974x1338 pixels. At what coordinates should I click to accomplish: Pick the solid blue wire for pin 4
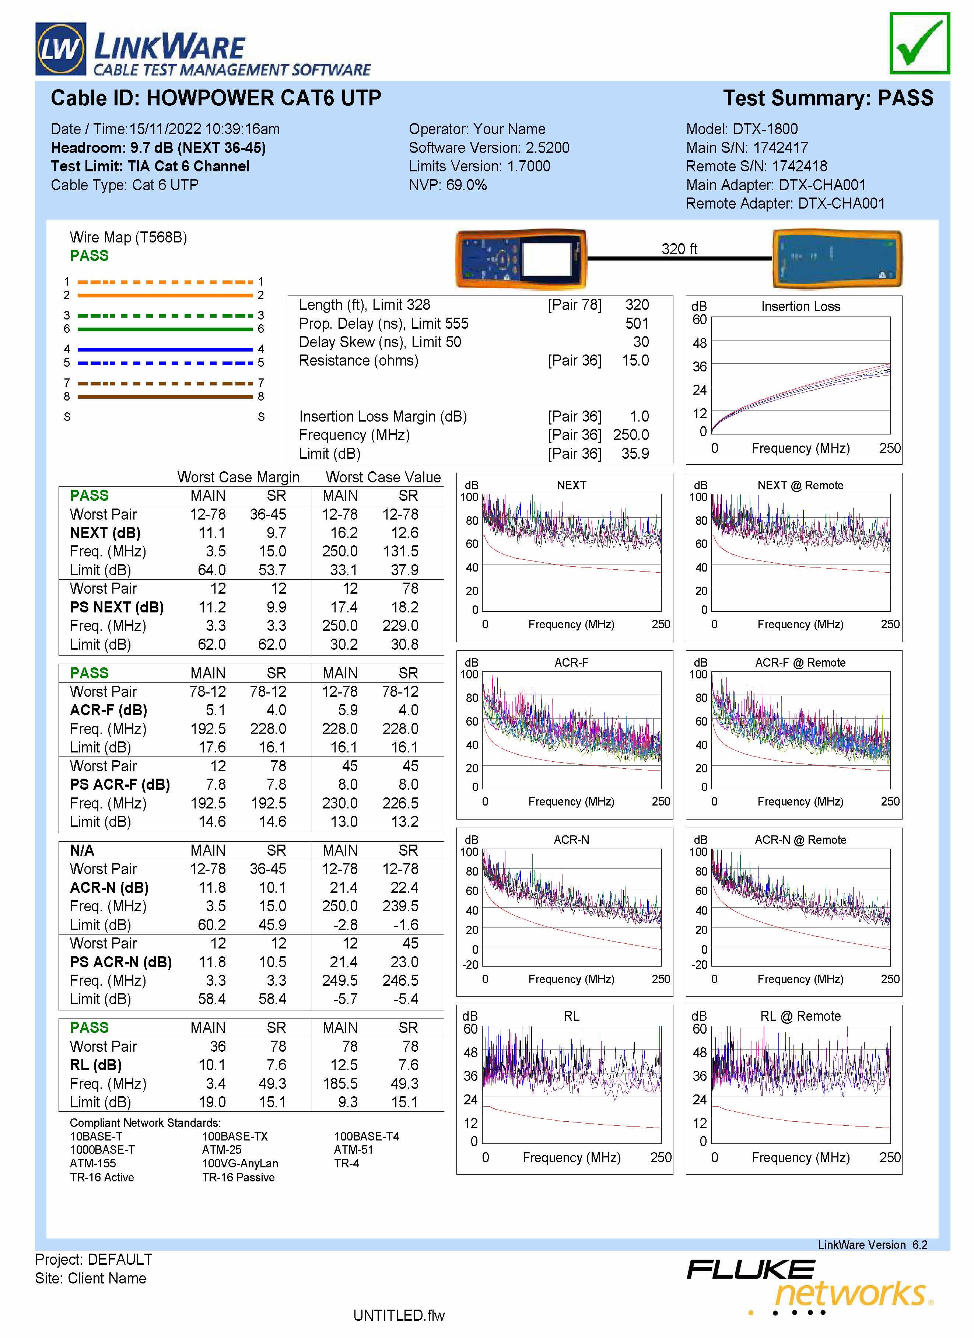pos(165,349)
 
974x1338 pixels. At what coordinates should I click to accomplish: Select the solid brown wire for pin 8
pos(165,397)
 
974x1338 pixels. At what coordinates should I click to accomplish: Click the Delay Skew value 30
pos(641,342)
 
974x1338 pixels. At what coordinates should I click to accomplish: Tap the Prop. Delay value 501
pos(637,323)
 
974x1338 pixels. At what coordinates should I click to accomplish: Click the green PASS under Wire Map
pos(89,255)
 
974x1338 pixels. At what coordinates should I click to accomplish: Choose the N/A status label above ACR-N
pos(82,850)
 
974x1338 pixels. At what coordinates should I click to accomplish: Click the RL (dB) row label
pos(95,1065)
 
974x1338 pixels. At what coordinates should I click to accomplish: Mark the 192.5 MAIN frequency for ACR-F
pos(208,729)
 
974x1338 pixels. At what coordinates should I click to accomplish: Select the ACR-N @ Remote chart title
pos(800,839)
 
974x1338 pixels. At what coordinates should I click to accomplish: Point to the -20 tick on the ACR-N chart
pos(470,965)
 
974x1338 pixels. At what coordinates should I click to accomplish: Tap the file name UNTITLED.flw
pos(399,1316)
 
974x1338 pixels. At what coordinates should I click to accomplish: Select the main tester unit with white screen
pos(521,259)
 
